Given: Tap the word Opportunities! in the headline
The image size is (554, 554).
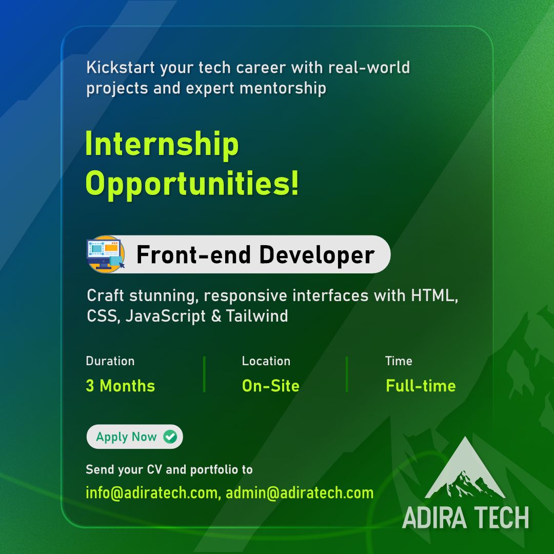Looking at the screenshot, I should pyautogui.click(x=192, y=183).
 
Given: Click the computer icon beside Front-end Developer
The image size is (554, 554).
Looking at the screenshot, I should pyautogui.click(x=106, y=254).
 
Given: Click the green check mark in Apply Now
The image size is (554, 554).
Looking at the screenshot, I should pyautogui.click(x=170, y=437).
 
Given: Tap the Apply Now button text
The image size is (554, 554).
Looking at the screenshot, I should pyautogui.click(x=126, y=437).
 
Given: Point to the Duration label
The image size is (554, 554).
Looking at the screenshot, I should pyautogui.click(x=110, y=361).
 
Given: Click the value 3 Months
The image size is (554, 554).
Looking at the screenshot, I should pyautogui.click(x=121, y=386).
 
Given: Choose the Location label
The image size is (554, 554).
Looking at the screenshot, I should pyautogui.click(x=266, y=361).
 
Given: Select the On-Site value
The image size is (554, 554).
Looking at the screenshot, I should pyautogui.click(x=271, y=386).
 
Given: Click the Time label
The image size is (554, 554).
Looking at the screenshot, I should pyautogui.click(x=399, y=361).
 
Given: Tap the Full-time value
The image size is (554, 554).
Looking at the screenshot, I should pyautogui.click(x=421, y=386).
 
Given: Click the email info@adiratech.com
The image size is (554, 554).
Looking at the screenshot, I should pyautogui.click(x=152, y=493).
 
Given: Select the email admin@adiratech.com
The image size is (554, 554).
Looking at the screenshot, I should pyautogui.click(x=300, y=493).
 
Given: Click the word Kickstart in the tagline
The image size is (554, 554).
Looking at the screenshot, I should pyautogui.click(x=121, y=68).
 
